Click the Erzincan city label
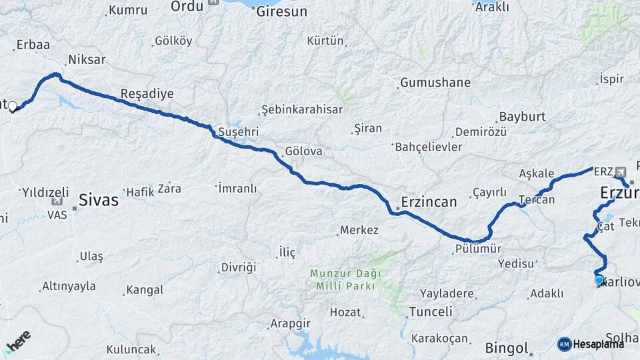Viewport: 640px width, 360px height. (x=429, y=202)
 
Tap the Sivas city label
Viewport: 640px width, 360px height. (x=98, y=199)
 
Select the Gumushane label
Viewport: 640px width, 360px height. (x=435, y=83)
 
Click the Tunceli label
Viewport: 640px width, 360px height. (x=431, y=311)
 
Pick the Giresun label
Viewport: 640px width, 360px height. (x=282, y=12)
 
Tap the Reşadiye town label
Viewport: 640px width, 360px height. (x=147, y=94)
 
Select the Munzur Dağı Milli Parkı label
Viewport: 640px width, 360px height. (x=345, y=279)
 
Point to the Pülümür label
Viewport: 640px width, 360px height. (x=477, y=249)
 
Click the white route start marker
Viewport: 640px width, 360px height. (x=12, y=105)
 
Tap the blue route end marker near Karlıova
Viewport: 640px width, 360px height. (x=599, y=281)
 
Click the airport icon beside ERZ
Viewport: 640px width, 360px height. (x=621, y=171)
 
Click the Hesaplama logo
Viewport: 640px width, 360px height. (x=590, y=344)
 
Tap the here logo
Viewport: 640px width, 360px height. (x=18, y=341)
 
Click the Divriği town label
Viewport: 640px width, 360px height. (x=238, y=267)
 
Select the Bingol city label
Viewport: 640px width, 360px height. (x=507, y=348)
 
